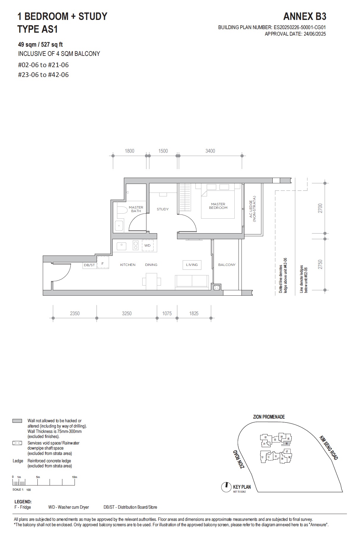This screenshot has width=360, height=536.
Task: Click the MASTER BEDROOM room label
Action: click(x=218, y=206)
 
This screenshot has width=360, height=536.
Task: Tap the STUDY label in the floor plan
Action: click(x=162, y=209)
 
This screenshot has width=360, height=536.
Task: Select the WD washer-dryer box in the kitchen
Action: click(x=148, y=245)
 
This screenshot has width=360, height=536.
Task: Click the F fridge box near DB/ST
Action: click(x=103, y=263)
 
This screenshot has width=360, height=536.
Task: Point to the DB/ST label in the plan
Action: click(x=89, y=265)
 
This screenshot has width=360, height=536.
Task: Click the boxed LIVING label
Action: click(x=192, y=265)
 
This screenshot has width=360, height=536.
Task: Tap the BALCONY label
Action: click(x=227, y=265)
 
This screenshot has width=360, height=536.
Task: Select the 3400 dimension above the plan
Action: click(x=210, y=151)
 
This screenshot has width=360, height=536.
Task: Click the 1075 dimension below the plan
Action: click(x=167, y=313)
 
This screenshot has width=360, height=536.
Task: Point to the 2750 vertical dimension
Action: click(x=320, y=264)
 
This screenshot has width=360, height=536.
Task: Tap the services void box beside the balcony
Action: click(x=216, y=287)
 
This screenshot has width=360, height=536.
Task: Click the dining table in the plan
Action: click(x=151, y=281)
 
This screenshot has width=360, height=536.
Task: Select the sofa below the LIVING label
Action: click(x=192, y=281)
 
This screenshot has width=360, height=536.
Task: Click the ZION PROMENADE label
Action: click(x=269, y=417)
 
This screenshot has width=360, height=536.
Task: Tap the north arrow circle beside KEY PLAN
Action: click(x=226, y=487)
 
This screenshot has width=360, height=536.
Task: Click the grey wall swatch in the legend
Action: click(x=17, y=421)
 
